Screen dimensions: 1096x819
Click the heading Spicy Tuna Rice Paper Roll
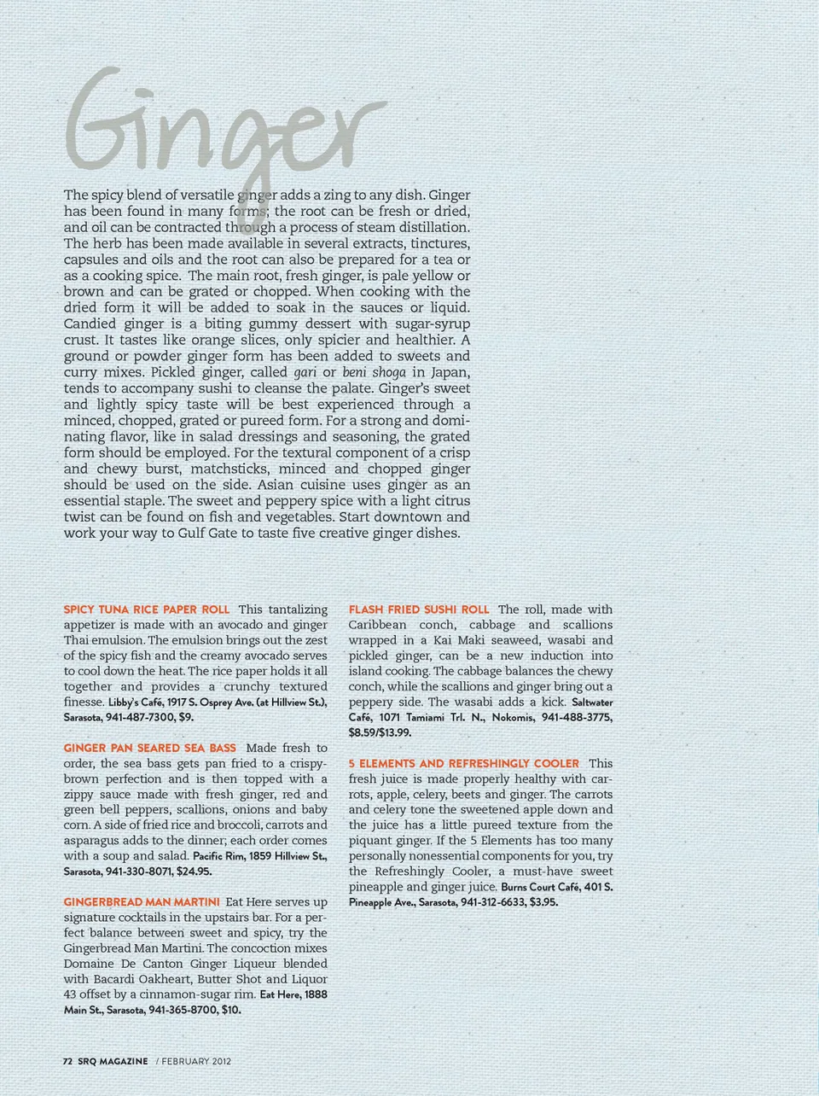click(x=147, y=609)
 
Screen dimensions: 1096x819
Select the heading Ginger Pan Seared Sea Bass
click(x=150, y=748)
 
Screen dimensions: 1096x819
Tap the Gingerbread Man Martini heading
click(x=142, y=901)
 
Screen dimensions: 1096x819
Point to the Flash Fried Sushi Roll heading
click(x=419, y=609)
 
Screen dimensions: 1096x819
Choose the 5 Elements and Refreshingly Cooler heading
click(x=464, y=763)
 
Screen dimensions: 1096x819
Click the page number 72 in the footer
click(x=67, y=1062)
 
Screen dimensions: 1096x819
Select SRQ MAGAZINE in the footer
click(x=113, y=1062)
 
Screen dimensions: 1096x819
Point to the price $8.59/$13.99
click(x=380, y=732)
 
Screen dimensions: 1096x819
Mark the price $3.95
click(x=543, y=902)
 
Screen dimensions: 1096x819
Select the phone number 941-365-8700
click(x=182, y=1010)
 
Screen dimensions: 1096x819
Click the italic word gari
click(x=305, y=372)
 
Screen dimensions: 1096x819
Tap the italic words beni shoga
click(x=374, y=372)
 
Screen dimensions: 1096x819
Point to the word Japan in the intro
click(x=450, y=372)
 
